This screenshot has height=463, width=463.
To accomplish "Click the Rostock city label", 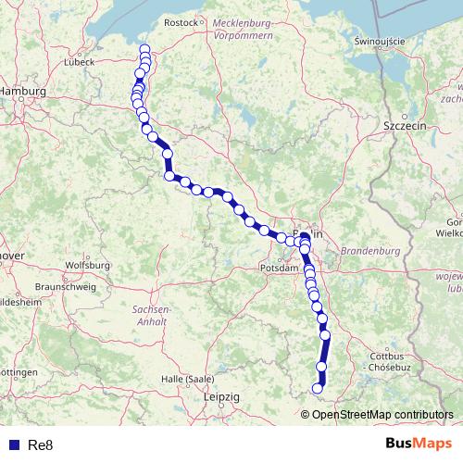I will pyautogui.click(x=181, y=21).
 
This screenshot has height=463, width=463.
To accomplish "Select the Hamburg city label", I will pyautogui.click(x=20, y=91).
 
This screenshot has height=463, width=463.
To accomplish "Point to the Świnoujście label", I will pyautogui.click(x=381, y=41).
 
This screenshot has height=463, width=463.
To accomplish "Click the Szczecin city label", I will pyautogui.click(x=403, y=124).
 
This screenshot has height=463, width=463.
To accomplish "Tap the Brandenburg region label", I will pyautogui.click(x=369, y=251).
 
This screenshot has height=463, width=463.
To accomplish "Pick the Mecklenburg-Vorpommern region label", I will pyautogui.click(x=242, y=27).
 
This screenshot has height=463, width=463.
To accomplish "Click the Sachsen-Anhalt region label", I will pyautogui.click(x=150, y=314).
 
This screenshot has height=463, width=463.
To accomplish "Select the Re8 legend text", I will pyautogui.click(x=41, y=445).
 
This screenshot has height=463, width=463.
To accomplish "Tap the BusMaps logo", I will pyautogui.click(x=419, y=444).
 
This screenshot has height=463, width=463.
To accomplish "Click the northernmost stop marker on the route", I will pyautogui.click(x=144, y=50).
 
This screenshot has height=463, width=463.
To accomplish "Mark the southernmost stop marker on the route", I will pyautogui.click(x=317, y=389).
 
